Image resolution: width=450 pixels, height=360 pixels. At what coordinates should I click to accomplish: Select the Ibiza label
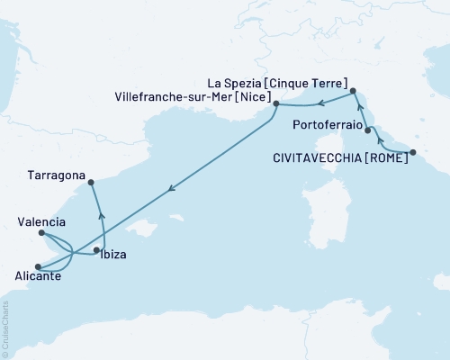[114, 255]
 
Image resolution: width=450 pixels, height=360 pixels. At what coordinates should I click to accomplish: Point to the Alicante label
[38, 276]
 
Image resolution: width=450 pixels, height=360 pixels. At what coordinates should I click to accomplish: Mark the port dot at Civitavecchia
[413, 152]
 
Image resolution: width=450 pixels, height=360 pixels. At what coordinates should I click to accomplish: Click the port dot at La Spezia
[353, 91]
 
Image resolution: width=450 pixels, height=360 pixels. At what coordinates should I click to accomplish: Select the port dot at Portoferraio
[368, 130]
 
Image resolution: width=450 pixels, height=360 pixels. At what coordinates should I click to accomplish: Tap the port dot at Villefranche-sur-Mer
[273, 107]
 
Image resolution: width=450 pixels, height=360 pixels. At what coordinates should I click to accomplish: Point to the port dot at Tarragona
[92, 183]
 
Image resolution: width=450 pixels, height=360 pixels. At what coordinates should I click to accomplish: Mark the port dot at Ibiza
[96, 250]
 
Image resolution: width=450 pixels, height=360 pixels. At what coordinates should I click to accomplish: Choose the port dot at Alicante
[37, 266]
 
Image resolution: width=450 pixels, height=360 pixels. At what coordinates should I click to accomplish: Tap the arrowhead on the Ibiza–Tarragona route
[101, 215]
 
